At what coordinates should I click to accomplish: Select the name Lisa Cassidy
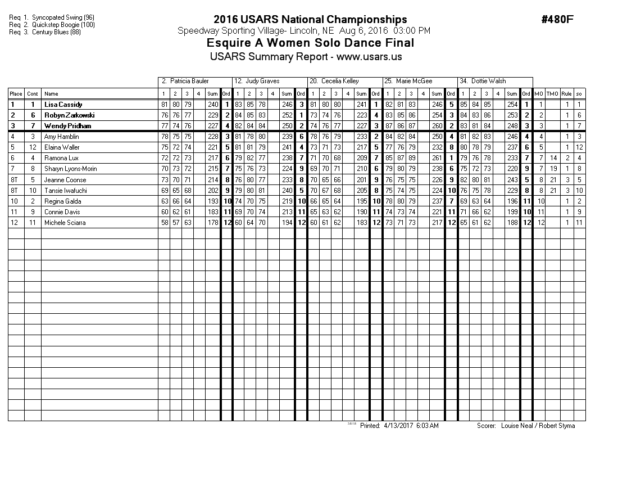(63, 105)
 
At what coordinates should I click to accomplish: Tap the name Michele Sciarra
(65, 223)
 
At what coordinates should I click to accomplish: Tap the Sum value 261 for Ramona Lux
(438, 158)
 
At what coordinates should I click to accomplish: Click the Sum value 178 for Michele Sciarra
(212, 223)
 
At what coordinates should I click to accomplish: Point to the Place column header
(16, 94)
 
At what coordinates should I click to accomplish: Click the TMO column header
(552, 94)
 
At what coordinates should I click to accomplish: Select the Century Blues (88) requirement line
(49, 32)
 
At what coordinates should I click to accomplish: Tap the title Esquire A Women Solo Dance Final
(310, 43)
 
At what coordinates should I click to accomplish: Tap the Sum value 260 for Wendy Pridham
(438, 126)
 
